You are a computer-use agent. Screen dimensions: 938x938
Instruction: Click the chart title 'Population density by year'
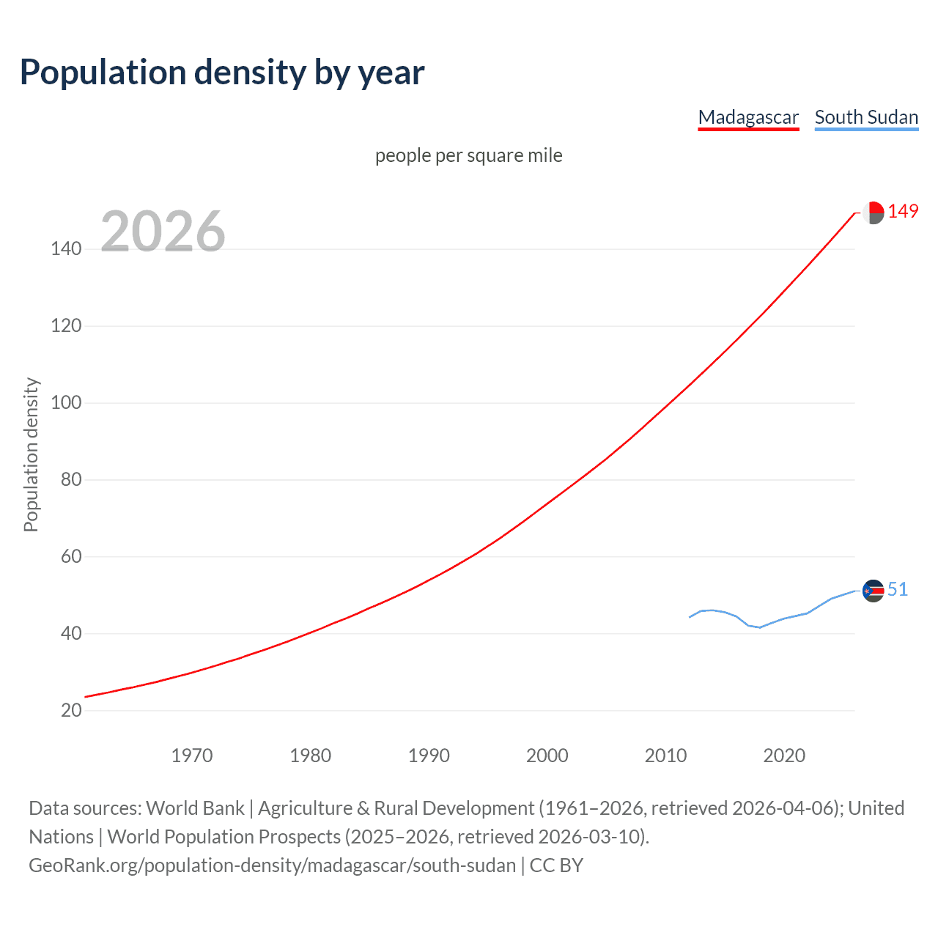[222, 73]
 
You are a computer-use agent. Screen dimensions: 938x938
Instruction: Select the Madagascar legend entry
[748, 117]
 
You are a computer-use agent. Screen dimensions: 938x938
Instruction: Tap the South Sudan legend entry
[866, 117]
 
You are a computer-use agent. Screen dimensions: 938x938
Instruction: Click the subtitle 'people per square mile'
[468, 155]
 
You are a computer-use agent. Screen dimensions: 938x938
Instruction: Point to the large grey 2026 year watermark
[163, 232]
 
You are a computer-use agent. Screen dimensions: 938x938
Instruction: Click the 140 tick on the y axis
[66, 248]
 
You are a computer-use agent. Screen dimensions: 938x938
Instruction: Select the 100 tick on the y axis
[66, 402]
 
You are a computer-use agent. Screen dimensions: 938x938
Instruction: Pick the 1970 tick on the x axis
[192, 756]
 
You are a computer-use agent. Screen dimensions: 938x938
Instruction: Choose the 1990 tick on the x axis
[429, 756]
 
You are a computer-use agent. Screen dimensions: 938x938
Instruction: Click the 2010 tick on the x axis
[665, 756]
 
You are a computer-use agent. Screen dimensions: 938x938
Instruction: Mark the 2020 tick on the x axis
[784, 756]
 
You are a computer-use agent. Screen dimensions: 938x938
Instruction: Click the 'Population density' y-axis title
[31, 454]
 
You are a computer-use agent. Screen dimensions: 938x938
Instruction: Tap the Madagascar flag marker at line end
[873, 213]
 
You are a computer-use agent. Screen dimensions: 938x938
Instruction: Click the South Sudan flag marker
[873, 591]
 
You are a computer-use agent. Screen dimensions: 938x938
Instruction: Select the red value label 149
[903, 212]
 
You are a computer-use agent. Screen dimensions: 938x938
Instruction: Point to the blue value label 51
[898, 589]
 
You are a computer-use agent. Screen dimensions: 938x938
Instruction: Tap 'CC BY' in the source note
[556, 865]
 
